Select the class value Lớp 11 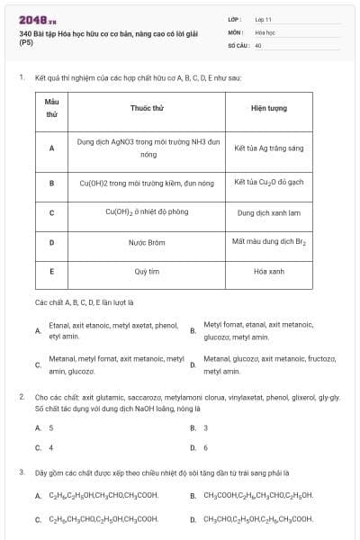(x=264, y=19)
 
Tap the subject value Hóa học (x=265, y=31)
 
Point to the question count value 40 (x=258, y=44)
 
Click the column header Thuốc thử (x=146, y=107)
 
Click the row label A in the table (x=51, y=148)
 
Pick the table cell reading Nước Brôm (x=146, y=242)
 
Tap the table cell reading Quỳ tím (x=146, y=271)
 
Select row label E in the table (x=51, y=271)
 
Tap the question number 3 (x=21, y=472)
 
